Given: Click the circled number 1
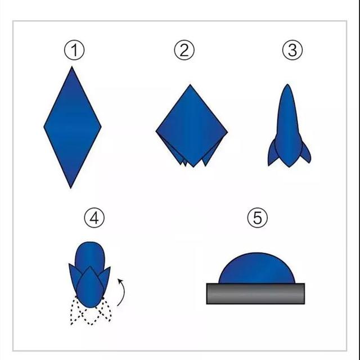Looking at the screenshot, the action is pyautogui.click(x=74, y=50).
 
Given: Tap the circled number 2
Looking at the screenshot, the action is pyautogui.click(x=184, y=50).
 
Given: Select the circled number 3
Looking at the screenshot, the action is pyautogui.click(x=292, y=50).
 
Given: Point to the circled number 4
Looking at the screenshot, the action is pyautogui.click(x=94, y=218).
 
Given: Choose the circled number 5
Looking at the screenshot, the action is pyautogui.click(x=258, y=218).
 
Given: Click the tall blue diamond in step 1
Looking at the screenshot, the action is pyautogui.click(x=73, y=128).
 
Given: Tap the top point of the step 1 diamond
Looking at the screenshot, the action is pyautogui.click(x=72, y=66).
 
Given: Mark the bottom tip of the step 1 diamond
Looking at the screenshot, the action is pyautogui.click(x=71, y=188).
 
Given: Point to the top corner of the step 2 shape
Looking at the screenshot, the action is pyautogui.click(x=190, y=84).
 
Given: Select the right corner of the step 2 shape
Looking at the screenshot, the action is pyautogui.click(x=227, y=132).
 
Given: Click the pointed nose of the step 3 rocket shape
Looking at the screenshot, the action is pyautogui.click(x=287, y=84).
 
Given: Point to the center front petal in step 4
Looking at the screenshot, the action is pyautogui.click(x=90, y=287).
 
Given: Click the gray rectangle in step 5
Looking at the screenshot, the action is pyautogui.click(x=255, y=294).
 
